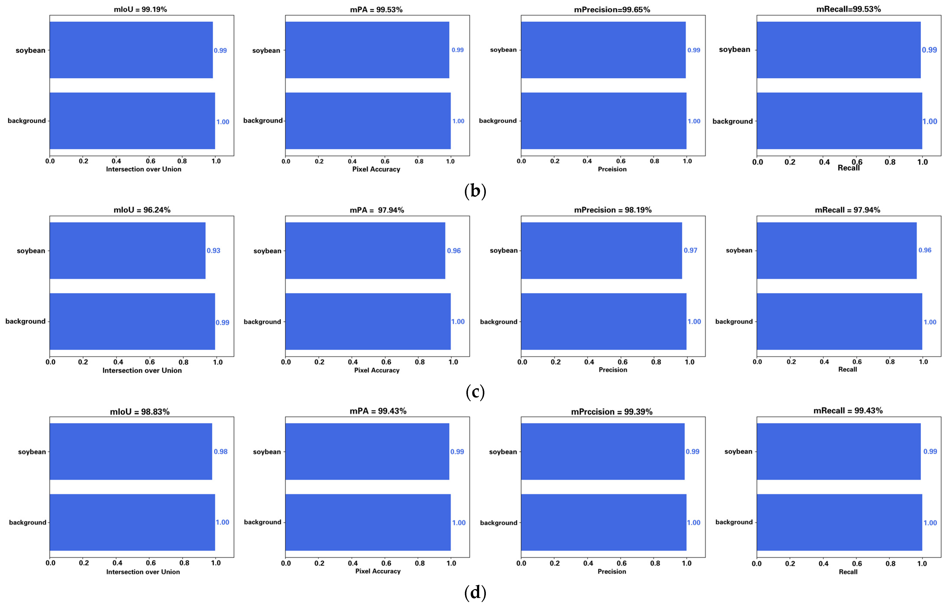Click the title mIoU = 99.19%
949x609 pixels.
tap(140, 9)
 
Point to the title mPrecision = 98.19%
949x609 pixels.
tap(612, 210)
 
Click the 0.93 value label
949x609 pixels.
tap(213, 251)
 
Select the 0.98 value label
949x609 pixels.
tap(221, 452)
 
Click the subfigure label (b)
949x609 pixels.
tap(475, 191)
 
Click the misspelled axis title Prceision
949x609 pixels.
tap(612, 169)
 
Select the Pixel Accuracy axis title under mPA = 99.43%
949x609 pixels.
tap(378, 571)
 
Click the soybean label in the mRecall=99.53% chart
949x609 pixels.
tap(734, 49)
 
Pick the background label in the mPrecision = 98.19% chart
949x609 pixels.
tap(498, 322)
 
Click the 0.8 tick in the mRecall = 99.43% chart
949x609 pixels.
tap(890, 564)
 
